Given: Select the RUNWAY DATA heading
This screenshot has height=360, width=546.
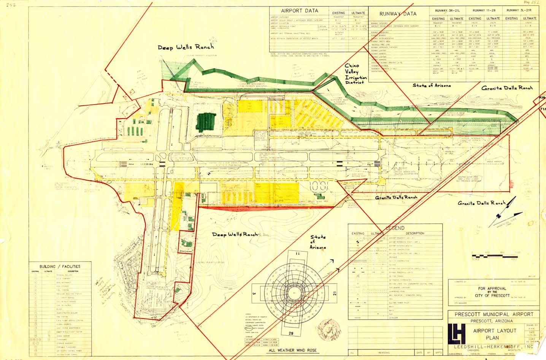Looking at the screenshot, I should [x=398, y=14].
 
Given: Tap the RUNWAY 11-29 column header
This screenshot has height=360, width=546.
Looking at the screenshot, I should [x=484, y=11].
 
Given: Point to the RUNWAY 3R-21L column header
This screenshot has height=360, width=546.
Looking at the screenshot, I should [x=447, y=11].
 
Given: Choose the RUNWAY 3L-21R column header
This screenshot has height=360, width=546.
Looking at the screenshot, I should [x=521, y=11].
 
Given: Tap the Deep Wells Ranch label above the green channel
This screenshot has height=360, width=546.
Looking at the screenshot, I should [x=186, y=47].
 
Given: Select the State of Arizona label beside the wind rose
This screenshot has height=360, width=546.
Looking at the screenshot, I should [x=318, y=242].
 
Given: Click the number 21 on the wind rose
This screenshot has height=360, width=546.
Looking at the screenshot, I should [x=335, y=293].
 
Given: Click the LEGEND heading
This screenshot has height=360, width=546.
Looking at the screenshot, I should [x=395, y=228].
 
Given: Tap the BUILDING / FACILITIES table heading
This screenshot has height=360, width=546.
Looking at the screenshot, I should [x=60, y=266].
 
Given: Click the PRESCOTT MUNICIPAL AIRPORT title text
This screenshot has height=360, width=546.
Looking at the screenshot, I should [x=494, y=314].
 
